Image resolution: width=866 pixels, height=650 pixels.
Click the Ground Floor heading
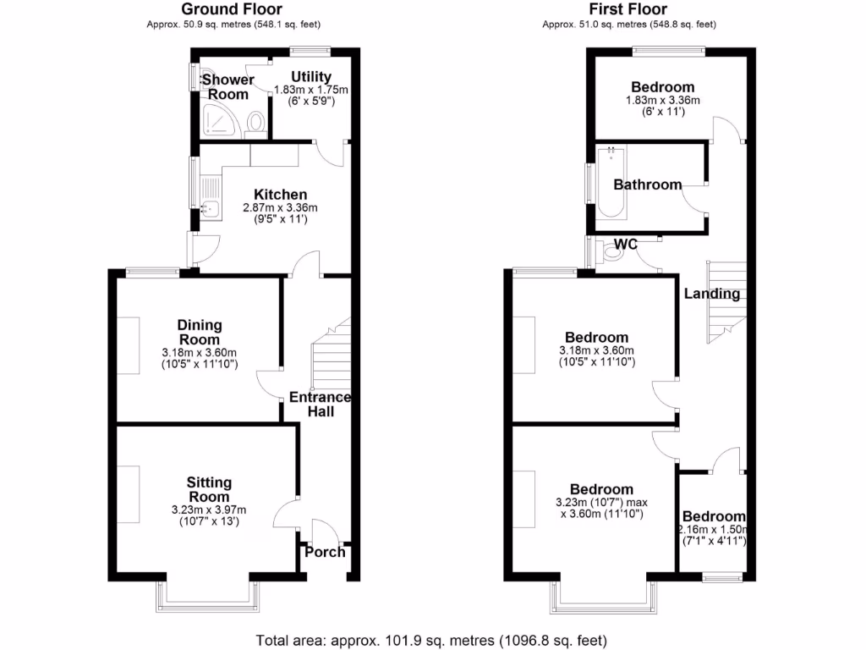[232, 9]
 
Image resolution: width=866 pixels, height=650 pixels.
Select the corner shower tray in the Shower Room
[220, 123]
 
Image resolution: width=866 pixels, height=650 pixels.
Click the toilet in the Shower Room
[255, 124]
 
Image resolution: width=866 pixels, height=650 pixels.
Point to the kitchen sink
[211, 208]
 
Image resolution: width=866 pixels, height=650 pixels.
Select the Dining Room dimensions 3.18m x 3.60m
[200, 353]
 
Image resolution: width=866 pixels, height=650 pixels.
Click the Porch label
[325, 552]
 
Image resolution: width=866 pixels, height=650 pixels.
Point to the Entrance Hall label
[321, 404]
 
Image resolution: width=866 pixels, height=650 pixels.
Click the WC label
[626, 245]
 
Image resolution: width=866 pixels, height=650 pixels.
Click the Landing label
[711, 295]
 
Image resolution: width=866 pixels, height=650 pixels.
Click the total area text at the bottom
[431, 640]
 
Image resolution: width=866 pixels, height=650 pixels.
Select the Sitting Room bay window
[208, 603]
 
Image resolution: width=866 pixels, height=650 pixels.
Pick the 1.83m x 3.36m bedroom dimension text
[662, 101]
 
